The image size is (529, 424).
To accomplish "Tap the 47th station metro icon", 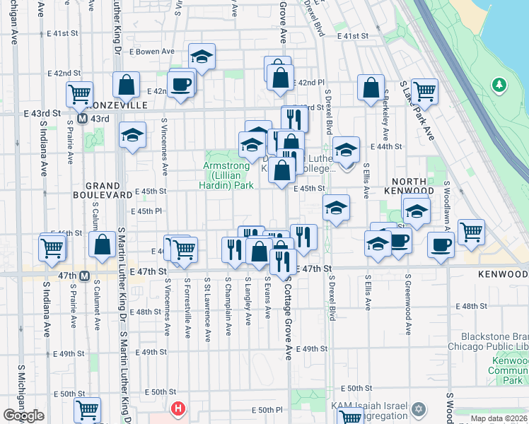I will (x=84, y=276).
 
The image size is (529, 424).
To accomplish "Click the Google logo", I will (x=23, y=416).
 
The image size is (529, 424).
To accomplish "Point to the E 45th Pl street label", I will (x=146, y=211).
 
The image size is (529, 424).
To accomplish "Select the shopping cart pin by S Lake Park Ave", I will (x=424, y=90).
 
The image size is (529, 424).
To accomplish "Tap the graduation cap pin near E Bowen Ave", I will (x=202, y=57).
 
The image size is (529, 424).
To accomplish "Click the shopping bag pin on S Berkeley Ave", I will (x=371, y=88).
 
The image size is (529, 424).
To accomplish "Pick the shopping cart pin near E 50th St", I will (x=88, y=409).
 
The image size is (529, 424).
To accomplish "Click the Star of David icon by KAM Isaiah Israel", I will (x=419, y=408).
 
